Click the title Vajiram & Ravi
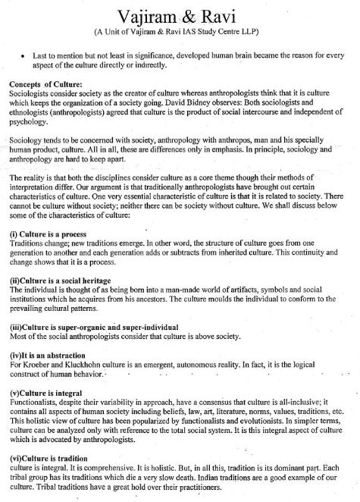179,16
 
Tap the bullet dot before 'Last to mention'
26,57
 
